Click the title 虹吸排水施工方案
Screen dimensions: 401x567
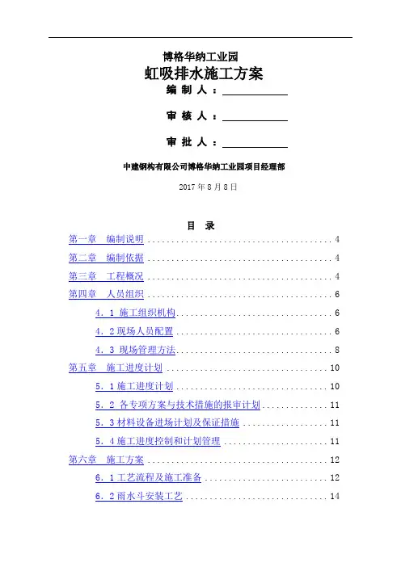(x=204, y=73)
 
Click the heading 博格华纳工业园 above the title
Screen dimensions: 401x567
(x=200, y=57)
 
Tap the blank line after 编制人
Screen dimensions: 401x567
(x=255, y=94)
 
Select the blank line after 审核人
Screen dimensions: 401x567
(x=255, y=121)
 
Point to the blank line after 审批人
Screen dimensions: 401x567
(x=255, y=147)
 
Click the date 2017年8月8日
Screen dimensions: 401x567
(x=208, y=187)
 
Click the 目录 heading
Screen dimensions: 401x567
(x=200, y=225)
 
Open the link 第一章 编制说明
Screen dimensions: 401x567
(x=106, y=239)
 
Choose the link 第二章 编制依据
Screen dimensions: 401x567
(x=106, y=258)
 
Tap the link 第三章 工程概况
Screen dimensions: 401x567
(x=106, y=276)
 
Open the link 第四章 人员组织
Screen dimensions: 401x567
(x=106, y=294)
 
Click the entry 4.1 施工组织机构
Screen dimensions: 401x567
(x=135, y=313)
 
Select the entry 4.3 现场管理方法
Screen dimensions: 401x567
(x=135, y=350)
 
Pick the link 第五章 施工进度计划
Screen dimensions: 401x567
(x=116, y=367)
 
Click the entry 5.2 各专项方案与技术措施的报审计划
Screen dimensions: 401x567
(x=178, y=405)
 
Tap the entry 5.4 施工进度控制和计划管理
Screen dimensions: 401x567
(x=158, y=441)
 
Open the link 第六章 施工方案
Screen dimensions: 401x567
(x=106, y=460)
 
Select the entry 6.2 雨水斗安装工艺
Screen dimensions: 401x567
(x=139, y=496)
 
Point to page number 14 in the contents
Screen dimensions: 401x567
(x=335, y=496)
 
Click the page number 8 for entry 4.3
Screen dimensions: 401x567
(x=337, y=350)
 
